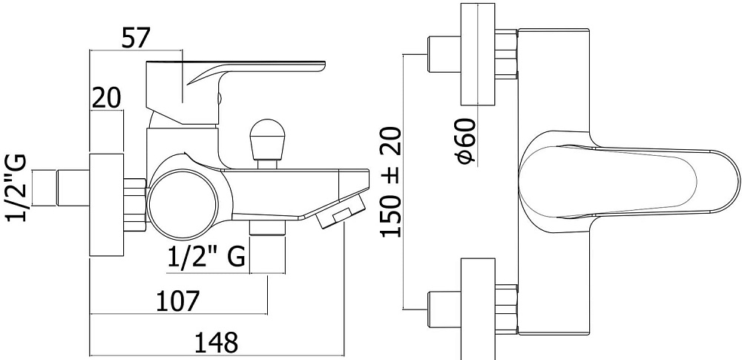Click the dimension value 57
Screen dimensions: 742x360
point(135,38)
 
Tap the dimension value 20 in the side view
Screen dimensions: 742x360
point(106,97)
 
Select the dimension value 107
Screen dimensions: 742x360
point(178,301)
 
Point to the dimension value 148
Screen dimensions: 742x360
point(216,342)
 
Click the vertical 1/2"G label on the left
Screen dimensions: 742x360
point(16,188)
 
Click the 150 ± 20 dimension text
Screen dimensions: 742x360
point(391,182)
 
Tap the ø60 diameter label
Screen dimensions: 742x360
point(467,141)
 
